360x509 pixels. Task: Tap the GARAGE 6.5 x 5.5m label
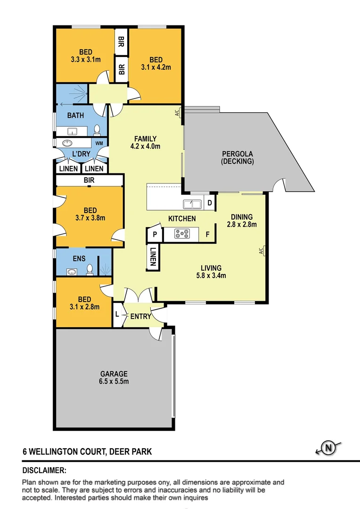click(113, 378)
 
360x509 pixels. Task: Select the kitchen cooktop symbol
click(182, 233)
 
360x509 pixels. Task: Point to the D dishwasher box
click(210, 204)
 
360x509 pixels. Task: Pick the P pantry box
click(154, 234)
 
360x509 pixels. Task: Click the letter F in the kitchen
click(207, 234)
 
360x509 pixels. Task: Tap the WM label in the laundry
click(99, 143)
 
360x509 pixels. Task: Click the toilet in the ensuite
click(90, 270)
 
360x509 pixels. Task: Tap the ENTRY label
click(141, 316)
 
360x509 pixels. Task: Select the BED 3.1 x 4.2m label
click(156, 63)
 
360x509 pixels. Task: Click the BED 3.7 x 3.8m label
click(90, 214)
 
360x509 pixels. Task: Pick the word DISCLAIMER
click(44, 470)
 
